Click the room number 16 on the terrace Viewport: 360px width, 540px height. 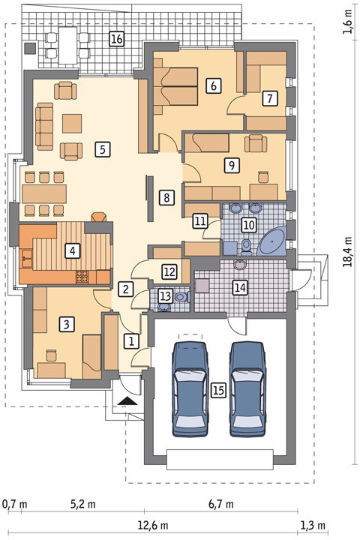pos(117,39)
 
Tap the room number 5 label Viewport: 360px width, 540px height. pos(102,149)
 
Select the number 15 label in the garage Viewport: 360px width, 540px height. pos(219,390)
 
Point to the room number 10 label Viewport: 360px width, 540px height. pos(249,225)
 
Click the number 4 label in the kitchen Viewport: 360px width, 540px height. pos(72,250)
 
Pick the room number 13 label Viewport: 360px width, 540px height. pos(165,295)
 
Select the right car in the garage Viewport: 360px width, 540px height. pos(247,389)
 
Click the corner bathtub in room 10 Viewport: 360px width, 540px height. pos(272,241)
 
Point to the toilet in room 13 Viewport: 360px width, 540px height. pos(182,296)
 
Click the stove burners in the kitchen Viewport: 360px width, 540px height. pos(82,277)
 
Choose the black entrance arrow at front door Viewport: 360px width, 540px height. pos(127,400)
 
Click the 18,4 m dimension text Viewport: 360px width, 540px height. pos(348,252)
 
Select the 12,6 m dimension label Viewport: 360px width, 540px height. pos(153,526)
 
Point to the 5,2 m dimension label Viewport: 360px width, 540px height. pos(83,505)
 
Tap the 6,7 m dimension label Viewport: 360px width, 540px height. pos(220,505)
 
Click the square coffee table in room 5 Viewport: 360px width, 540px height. pos(72,124)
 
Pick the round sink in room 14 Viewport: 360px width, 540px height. pos(241,265)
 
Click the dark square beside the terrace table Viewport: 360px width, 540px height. pos(30,48)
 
